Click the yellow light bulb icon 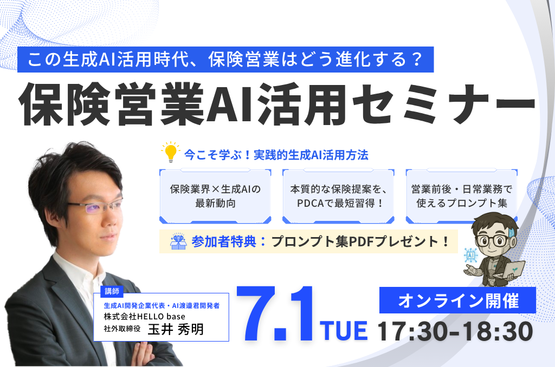171,153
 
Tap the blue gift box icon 178,241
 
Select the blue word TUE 344,331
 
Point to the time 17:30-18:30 455,331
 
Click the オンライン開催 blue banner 457,300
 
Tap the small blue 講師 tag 112,291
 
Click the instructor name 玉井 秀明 176,329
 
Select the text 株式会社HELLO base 144,316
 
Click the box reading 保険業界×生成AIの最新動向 215,196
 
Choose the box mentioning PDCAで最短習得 338,196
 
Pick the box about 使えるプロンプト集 462,196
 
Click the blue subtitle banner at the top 225,60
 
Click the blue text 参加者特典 224,241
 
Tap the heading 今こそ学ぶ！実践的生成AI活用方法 276,155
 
